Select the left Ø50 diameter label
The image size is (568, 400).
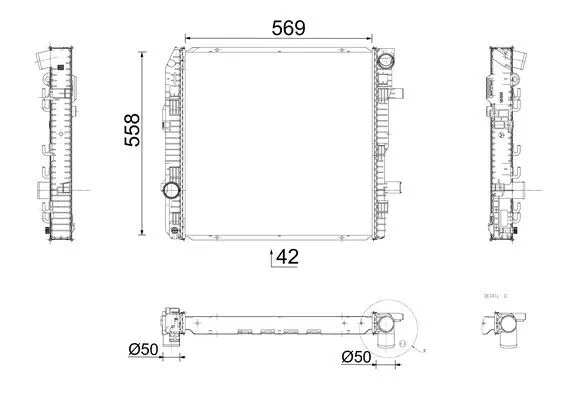pyautogui.click(x=146, y=350)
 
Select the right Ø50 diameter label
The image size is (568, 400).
pyautogui.click(x=358, y=356)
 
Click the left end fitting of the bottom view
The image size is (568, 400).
pyautogui.click(x=172, y=326)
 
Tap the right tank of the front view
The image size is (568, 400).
pyautogui.click(x=384, y=140)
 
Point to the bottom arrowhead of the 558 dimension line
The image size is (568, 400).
pyautogui.click(x=153, y=229)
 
